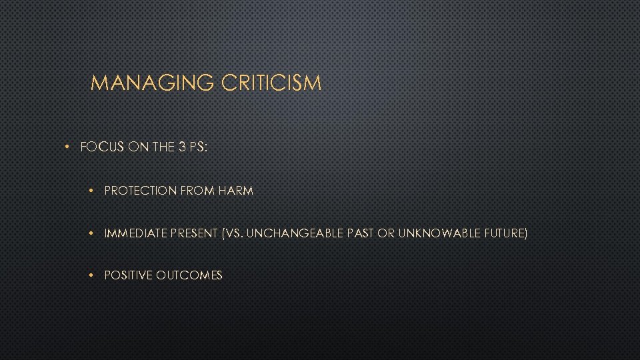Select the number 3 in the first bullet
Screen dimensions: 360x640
[x=182, y=147]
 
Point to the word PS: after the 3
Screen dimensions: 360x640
[x=199, y=147]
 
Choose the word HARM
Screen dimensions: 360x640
[x=235, y=191]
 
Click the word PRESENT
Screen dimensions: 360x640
[x=194, y=233]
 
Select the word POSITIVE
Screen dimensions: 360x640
[x=129, y=275]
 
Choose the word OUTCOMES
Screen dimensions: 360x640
[x=190, y=275]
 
